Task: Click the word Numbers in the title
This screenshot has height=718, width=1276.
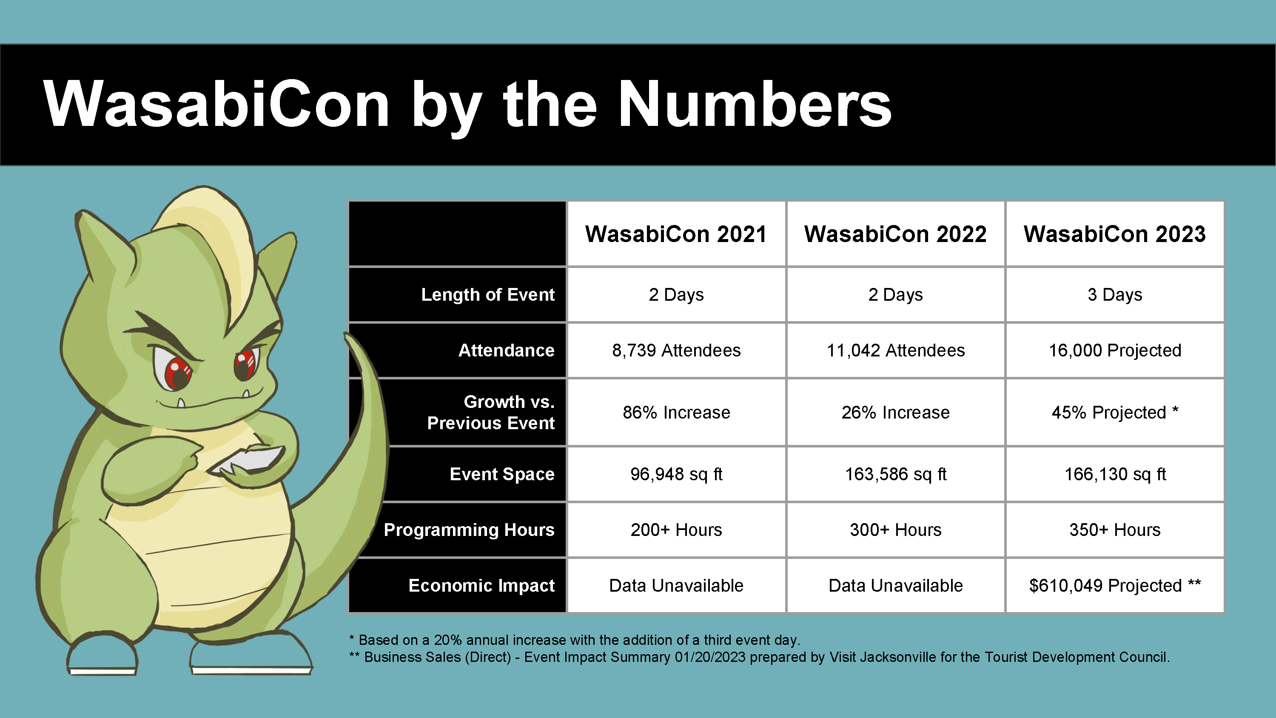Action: (755, 104)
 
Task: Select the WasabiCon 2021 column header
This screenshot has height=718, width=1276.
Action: (676, 234)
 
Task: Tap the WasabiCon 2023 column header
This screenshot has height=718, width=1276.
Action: (1114, 234)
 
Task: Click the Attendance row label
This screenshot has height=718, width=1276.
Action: (506, 350)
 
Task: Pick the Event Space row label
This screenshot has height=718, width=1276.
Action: (502, 474)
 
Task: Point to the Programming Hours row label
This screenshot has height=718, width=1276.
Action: (469, 530)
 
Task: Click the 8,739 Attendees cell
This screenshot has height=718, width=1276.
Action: (676, 350)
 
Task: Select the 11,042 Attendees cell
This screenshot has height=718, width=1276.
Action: (896, 350)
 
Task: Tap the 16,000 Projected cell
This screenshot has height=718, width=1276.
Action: (1114, 350)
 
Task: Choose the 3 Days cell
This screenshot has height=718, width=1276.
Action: (1114, 295)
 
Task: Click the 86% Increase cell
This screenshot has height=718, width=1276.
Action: (676, 412)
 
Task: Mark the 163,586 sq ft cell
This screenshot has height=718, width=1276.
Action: (896, 474)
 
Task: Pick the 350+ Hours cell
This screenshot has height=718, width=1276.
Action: (1114, 530)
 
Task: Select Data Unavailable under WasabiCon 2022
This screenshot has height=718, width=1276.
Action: (896, 585)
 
